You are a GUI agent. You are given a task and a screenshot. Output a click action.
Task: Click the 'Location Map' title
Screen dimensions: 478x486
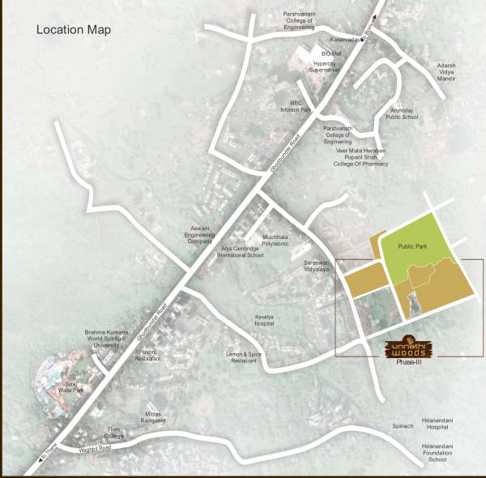(x=74, y=30)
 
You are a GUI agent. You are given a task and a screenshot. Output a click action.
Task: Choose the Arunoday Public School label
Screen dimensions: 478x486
(x=402, y=113)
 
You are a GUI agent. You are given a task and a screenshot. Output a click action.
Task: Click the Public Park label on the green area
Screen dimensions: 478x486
(x=417, y=246)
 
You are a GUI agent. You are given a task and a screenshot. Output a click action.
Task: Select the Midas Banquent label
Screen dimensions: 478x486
(x=154, y=416)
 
